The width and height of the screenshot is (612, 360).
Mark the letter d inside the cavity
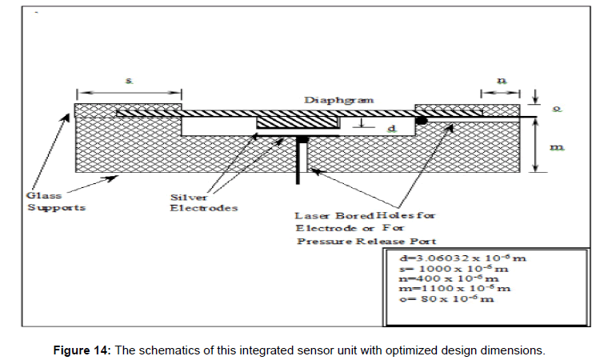click(390, 128)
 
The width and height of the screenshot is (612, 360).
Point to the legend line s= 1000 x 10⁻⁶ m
click(452, 269)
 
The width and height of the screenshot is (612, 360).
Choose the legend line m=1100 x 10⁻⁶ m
click(454, 288)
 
